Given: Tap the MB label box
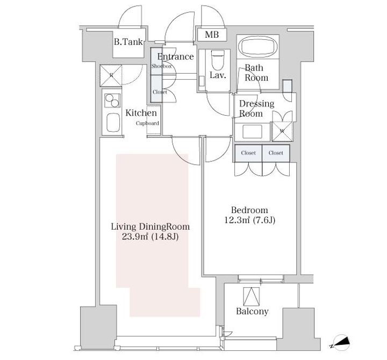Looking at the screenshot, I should (212, 35).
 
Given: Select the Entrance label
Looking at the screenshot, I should (176, 57).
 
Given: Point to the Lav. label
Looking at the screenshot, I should (217, 75).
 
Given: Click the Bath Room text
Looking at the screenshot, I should (256, 73).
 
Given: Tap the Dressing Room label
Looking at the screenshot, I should (256, 108).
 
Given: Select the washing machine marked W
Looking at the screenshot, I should (281, 130).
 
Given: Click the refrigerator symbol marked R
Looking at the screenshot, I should (112, 75).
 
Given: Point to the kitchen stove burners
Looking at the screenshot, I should (112, 101).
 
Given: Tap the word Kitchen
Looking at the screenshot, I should (141, 113).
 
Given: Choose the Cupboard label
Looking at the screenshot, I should (147, 123).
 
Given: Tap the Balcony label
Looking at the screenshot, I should (252, 311).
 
